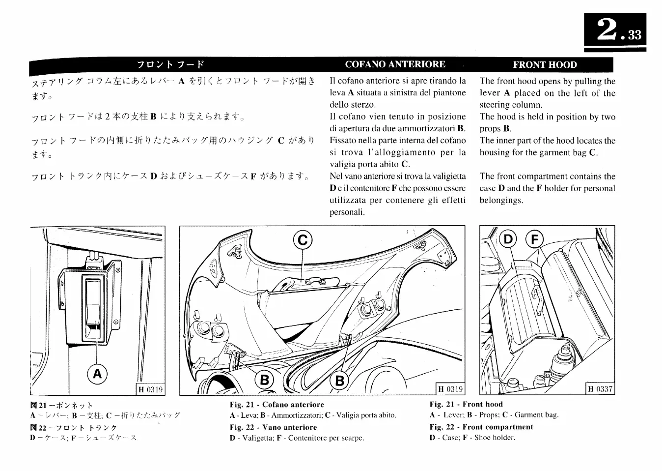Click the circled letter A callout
97,374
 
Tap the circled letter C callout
303,240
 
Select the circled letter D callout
508,239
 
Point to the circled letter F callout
535,239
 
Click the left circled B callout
265,380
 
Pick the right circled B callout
339,380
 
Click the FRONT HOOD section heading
545,65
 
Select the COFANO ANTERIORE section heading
395,64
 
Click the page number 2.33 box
615,30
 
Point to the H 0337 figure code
600,389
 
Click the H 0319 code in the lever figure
150,389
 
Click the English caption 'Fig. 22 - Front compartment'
481,427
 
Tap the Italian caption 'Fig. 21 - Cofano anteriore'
277,405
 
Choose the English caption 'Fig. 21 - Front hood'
466,404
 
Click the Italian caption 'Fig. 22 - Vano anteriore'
273,427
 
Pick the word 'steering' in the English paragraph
495,105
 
